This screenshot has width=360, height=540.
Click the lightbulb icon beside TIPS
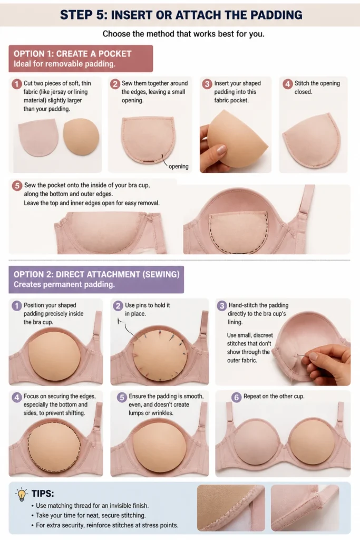21,494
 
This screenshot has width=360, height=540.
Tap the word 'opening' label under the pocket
178,166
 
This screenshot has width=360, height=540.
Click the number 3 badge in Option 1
207,84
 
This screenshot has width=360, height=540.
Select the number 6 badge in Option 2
236,397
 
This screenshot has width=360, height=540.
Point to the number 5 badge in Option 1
17,186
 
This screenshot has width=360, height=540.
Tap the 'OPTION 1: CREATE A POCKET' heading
72,54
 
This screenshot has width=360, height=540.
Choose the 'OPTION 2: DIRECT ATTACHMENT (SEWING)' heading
96,274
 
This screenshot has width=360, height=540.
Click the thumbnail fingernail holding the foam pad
221,150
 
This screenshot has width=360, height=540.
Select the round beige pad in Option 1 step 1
81,137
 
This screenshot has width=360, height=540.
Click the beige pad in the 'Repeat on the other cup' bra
313,439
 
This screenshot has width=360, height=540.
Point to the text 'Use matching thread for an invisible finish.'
92,506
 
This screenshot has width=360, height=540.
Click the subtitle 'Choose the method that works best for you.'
183,34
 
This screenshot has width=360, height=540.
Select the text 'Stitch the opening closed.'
317,88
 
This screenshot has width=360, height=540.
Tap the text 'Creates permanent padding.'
64,284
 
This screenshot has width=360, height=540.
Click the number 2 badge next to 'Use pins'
118,305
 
